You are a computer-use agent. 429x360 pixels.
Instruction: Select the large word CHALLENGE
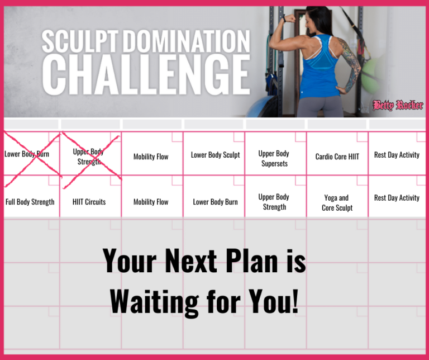[x=146, y=75]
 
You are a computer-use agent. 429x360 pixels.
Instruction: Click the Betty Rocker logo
[x=398, y=105]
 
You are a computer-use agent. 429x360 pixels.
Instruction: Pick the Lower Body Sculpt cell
[x=215, y=155]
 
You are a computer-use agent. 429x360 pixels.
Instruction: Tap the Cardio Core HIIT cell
[x=337, y=157]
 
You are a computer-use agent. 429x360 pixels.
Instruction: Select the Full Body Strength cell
[x=30, y=202]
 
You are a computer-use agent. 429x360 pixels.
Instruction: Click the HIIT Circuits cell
[x=89, y=202]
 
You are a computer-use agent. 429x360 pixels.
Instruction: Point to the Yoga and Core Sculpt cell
[x=337, y=202]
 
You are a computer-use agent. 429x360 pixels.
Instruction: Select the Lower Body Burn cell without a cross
[x=215, y=202]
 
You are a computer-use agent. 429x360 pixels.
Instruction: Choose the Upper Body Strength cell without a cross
[x=274, y=202]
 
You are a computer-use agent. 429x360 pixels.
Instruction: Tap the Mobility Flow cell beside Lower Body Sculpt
[x=151, y=157]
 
